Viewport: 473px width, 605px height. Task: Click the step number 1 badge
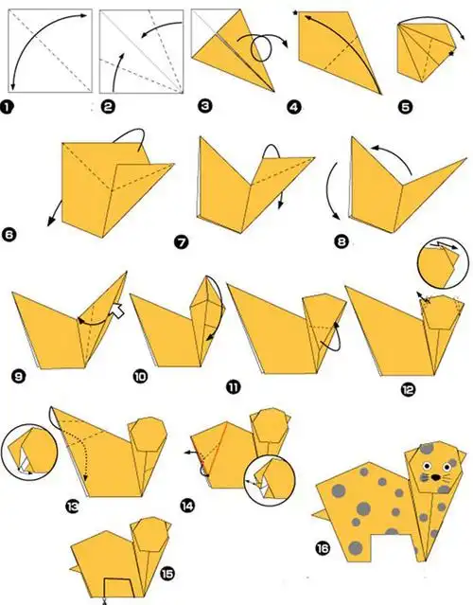tap(7, 107)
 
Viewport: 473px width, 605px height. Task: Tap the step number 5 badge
tap(405, 107)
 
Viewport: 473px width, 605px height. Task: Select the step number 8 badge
tap(342, 242)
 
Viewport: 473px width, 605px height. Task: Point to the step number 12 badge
tap(408, 390)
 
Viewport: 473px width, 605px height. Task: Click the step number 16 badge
tap(323, 548)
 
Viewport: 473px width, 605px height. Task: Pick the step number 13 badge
tap(72, 506)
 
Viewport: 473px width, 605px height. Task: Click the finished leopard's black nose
tap(435, 477)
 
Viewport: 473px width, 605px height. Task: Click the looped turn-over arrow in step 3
tap(262, 47)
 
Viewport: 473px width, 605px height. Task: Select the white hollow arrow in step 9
tap(118, 311)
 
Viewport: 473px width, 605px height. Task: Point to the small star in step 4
tap(296, 13)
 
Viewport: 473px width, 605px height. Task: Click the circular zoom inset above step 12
tap(443, 263)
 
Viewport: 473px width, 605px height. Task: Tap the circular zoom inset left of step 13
tap(29, 452)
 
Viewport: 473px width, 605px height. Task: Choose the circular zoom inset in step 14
tap(270, 480)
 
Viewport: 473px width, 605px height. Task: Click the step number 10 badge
tap(140, 376)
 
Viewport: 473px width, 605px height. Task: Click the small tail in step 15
tap(75, 568)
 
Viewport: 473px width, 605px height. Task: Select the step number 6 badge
tap(9, 235)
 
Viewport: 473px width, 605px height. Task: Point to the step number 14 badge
tap(187, 505)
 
